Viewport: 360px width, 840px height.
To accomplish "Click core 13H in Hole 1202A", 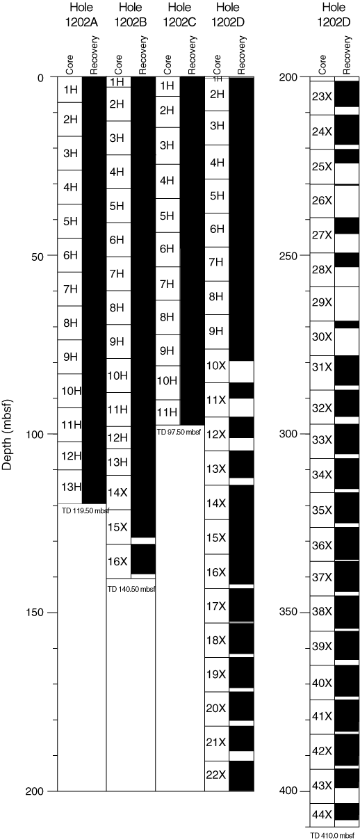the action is pyautogui.click(x=72, y=487).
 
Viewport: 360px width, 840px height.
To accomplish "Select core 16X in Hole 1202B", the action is pyautogui.click(x=117, y=561).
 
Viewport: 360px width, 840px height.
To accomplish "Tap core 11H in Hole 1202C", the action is pyautogui.click(x=167, y=412).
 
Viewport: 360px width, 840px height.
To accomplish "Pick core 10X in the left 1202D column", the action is pyautogui.click(x=216, y=366).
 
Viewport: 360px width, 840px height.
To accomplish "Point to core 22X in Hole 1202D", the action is pyautogui.click(x=216, y=774).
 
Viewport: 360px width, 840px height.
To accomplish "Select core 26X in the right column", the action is pyautogui.click(x=322, y=201).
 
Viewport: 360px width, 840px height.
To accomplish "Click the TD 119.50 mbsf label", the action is pyautogui.click(x=85, y=511).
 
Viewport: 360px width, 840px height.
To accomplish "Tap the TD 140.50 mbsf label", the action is pyautogui.click(x=131, y=589).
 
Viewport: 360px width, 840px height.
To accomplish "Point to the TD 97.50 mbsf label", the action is pyautogui.click(x=179, y=432).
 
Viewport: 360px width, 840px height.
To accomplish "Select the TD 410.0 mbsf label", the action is pyautogui.click(x=332, y=836).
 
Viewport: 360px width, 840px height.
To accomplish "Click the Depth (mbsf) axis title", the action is pyautogui.click(x=8, y=435).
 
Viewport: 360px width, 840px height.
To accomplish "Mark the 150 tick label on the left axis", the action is pyautogui.click(x=35, y=613).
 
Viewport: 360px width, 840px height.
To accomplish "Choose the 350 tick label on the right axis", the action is pyautogui.click(x=288, y=612).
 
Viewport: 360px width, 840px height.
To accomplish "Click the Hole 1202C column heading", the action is pyautogui.click(x=179, y=15).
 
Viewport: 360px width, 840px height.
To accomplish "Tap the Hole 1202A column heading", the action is pyautogui.click(x=81, y=15).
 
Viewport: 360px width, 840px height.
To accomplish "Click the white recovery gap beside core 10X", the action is pyautogui.click(x=242, y=371).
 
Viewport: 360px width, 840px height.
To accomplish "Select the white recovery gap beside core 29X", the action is pyautogui.click(x=347, y=304).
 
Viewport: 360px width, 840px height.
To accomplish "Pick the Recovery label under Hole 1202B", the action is pyautogui.click(x=142, y=55).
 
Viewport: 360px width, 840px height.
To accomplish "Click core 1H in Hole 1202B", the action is pyautogui.click(x=117, y=82).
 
